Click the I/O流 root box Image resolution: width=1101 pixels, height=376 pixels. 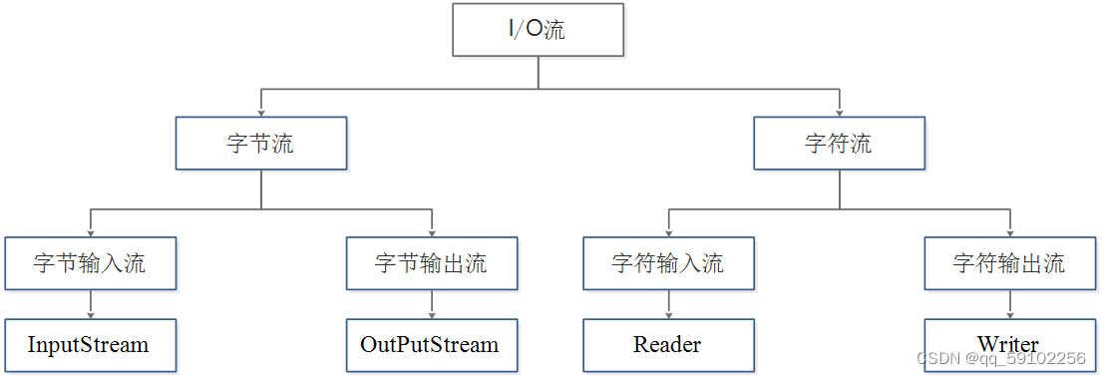539,30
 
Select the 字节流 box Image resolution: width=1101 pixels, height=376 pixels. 261,144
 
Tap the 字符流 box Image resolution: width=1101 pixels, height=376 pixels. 839,144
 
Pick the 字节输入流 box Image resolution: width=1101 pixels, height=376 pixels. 91,263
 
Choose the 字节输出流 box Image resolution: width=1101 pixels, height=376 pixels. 432,263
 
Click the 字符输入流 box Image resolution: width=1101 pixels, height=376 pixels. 668,263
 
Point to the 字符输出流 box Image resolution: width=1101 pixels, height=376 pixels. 1009,263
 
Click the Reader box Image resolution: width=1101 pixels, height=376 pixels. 668,345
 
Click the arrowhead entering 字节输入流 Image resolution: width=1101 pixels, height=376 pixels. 91,231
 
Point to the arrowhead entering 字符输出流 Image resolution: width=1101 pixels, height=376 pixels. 1009,231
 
